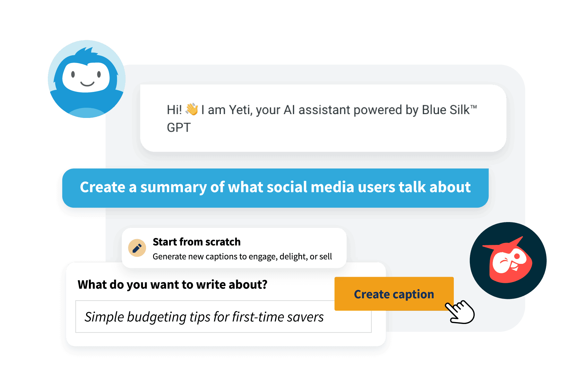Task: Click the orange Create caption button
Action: tap(394, 294)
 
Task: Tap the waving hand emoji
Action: tap(192, 109)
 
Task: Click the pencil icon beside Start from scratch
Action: tap(137, 248)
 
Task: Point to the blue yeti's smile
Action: tap(87, 84)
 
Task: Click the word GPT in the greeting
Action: tap(179, 128)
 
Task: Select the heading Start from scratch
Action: tap(196, 242)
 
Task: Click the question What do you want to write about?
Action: tap(172, 284)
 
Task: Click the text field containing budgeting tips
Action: tap(223, 317)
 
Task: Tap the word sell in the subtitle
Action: tap(325, 256)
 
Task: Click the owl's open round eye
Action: tap(517, 256)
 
